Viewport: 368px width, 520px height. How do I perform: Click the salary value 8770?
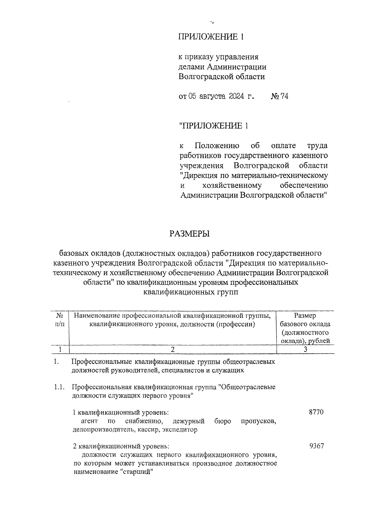316,412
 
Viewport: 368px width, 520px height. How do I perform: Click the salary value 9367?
316,446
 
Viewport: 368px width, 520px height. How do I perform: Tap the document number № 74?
279,97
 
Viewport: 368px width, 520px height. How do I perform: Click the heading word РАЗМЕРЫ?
190,234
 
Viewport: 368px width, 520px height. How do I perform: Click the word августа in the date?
212,97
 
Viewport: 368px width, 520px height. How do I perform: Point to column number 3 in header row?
305,349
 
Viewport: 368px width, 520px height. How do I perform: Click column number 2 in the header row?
173,349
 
